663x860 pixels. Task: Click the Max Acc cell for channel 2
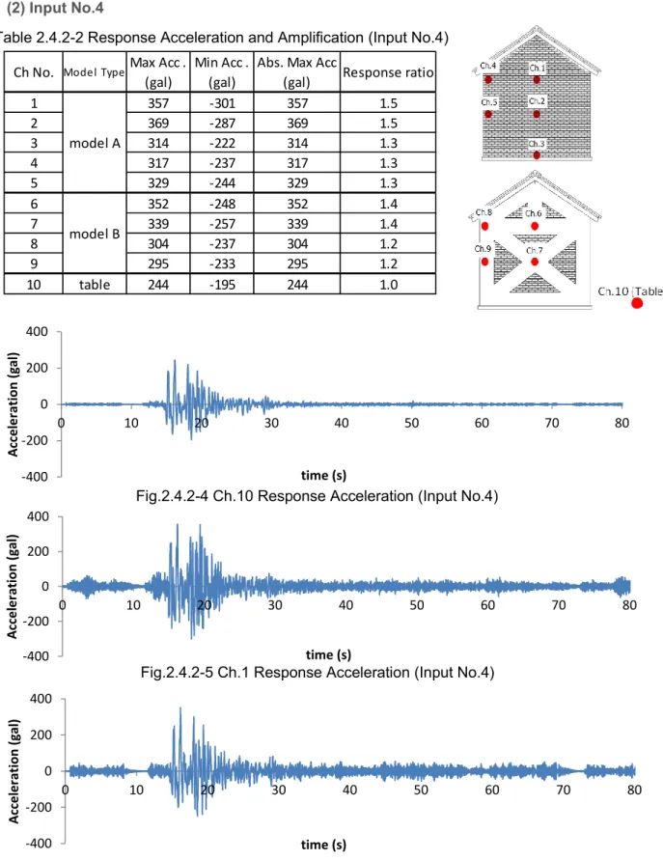158,123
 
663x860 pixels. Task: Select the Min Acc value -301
222,103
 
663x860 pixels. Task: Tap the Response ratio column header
388,71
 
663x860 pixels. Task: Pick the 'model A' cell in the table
95,143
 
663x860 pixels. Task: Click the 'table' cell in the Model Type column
95,284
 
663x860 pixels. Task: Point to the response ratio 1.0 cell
388,284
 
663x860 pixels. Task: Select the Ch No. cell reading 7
34,224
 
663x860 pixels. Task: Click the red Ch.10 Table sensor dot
637,303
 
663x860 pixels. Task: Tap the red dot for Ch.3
537,155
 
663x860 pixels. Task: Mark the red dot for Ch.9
484,262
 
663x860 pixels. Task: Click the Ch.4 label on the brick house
487,66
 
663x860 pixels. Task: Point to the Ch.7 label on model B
534,251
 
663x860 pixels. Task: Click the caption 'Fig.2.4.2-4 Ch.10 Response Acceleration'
275,496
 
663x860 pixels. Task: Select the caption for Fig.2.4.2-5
318,673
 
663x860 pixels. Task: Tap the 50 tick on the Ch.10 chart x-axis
411,423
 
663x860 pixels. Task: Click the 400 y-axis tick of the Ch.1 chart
38,516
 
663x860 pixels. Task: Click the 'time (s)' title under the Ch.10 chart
323,475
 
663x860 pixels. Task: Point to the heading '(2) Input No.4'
55,8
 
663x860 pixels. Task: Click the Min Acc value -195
222,284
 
